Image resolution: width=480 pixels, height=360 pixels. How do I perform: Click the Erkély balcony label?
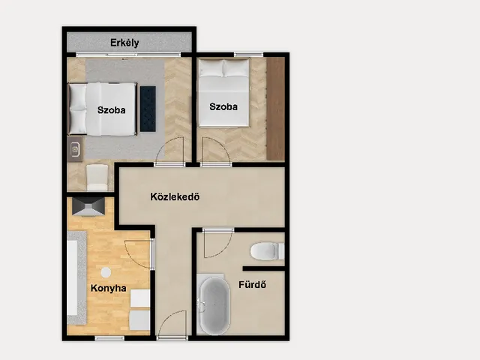pyautogui.click(x=124, y=43)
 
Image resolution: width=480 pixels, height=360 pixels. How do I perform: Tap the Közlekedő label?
pyautogui.click(x=175, y=196)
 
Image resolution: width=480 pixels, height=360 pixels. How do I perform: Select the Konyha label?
pyautogui.click(x=108, y=288)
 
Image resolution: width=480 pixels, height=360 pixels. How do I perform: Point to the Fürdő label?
pyautogui.click(x=252, y=285)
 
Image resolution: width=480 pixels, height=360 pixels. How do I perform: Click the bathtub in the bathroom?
pyautogui.click(x=215, y=305)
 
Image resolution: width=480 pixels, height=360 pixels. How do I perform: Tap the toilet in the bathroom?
pyautogui.click(x=267, y=251)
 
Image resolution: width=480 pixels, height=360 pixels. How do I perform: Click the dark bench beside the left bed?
pyautogui.click(x=148, y=109)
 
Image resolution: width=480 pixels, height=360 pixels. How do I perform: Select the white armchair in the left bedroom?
pyautogui.click(x=97, y=178)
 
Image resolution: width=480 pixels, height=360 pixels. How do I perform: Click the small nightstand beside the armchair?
pyautogui.click(x=75, y=149)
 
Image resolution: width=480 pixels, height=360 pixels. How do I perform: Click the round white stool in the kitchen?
pyautogui.click(x=106, y=272)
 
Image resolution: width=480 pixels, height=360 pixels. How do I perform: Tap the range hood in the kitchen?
pyautogui.click(x=88, y=207)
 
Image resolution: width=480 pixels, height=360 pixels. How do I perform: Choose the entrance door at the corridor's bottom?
pyautogui.click(x=172, y=325)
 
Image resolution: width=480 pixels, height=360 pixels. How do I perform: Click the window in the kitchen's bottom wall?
pyautogui.click(x=109, y=338)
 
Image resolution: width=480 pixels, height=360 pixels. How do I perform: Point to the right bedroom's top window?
pyautogui.click(x=248, y=55)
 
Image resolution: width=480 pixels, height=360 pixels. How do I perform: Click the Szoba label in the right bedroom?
pyautogui.click(x=223, y=106)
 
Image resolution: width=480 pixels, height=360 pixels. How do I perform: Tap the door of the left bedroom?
pyautogui.click(x=169, y=151)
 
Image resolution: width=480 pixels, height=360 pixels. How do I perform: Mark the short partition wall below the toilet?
pyautogui.click(x=264, y=268)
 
